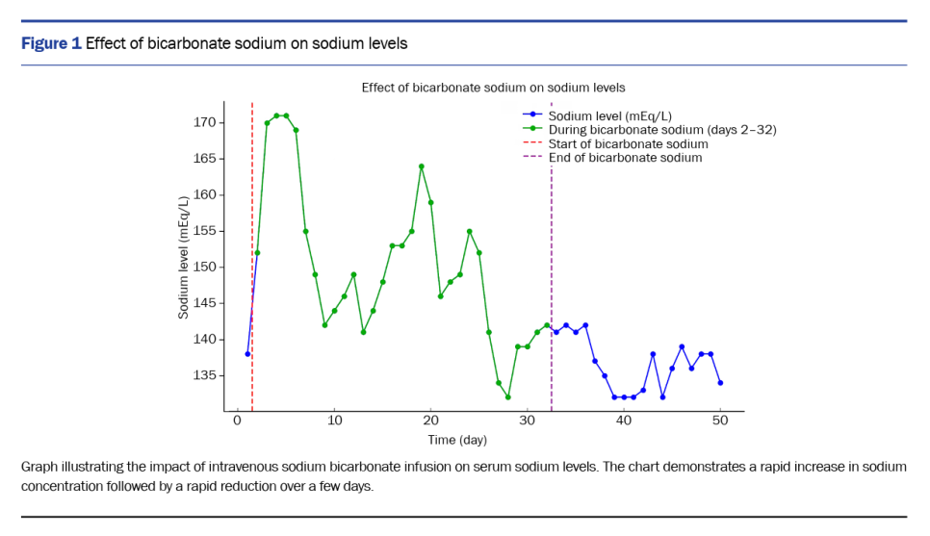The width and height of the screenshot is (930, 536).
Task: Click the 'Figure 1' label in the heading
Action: tap(51, 43)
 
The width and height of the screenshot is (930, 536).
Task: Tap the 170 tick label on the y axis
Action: tap(204, 122)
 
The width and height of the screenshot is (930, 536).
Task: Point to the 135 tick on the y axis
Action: tap(204, 375)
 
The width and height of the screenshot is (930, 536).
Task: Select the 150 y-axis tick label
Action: tap(204, 267)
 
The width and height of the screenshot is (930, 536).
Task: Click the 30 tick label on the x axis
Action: tap(528, 421)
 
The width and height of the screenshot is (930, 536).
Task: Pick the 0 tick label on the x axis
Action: tap(238, 421)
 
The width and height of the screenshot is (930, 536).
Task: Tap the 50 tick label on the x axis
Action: tap(721, 421)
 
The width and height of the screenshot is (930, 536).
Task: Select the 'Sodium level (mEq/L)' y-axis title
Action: tap(184, 257)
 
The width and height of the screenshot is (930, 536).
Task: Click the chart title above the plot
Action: tap(493, 88)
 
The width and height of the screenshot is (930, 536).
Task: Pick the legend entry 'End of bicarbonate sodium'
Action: tap(625, 157)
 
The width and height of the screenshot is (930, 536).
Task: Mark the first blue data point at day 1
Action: tap(247, 354)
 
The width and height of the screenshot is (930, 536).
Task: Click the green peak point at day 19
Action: tap(422, 166)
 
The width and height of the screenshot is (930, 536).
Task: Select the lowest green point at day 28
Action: tap(508, 396)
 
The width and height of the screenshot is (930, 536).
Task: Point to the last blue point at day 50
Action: tap(720, 383)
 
